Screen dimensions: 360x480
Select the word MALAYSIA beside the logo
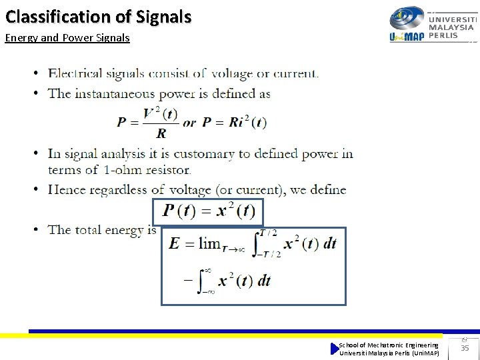click(452, 27)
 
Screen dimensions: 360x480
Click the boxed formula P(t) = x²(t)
click(209, 212)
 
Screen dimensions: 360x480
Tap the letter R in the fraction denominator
click(161, 133)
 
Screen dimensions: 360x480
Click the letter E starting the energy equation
click(175, 243)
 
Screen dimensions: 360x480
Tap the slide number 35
click(465, 348)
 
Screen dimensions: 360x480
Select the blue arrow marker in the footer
click(335, 349)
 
